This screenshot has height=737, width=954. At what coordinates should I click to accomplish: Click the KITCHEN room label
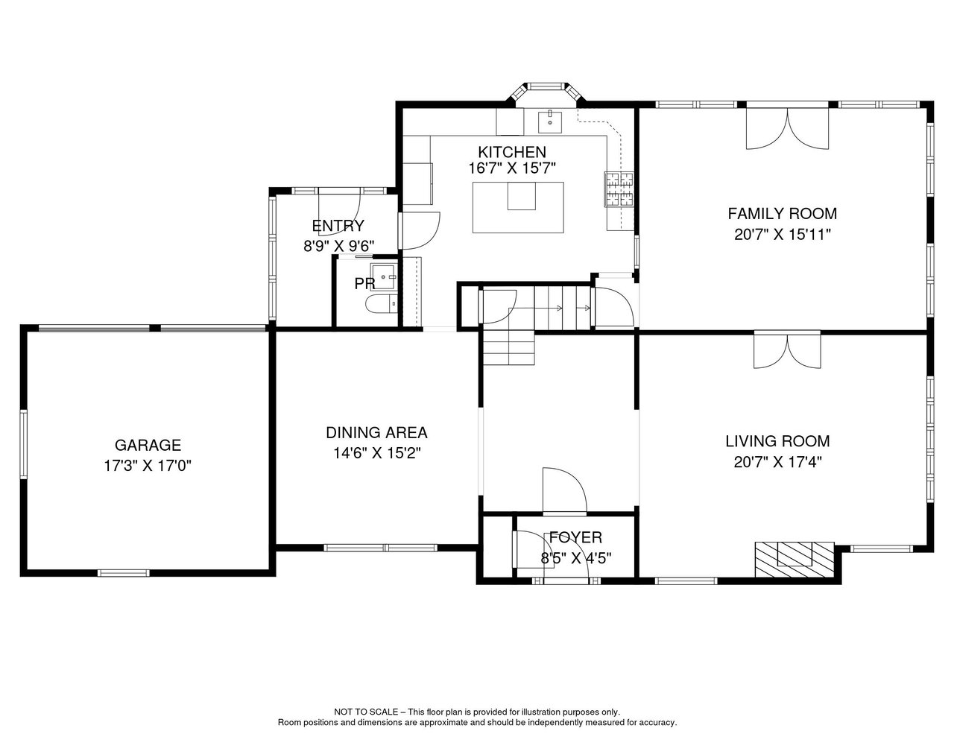coord(512,152)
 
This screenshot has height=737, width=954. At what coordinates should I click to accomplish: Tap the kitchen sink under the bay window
coord(550,121)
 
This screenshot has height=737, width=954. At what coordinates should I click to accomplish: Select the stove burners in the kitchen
coord(619,189)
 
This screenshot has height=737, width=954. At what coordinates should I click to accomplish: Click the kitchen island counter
coord(518,207)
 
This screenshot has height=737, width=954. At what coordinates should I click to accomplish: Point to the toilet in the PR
coord(381,304)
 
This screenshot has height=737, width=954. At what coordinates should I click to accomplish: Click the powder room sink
coord(384,276)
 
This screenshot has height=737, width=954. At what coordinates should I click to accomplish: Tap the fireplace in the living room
coord(795,559)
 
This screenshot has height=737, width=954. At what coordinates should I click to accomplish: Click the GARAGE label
coord(148,445)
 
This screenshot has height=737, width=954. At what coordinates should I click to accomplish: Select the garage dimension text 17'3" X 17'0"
coord(148,466)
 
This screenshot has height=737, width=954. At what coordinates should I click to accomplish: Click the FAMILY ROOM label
coord(783,214)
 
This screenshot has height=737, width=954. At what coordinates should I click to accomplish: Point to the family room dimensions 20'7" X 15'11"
coord(783,235)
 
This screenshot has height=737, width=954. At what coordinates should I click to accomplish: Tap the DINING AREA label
coord(376,433)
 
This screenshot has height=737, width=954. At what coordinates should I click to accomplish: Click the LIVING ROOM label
coord(777,441)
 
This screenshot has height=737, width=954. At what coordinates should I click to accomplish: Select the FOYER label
coord(575,537)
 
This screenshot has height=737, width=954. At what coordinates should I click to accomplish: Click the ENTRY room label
coord(338,226)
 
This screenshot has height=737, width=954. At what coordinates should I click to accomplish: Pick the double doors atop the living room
coord(787,351)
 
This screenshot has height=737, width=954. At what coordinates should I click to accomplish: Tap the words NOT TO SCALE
coord(366,712)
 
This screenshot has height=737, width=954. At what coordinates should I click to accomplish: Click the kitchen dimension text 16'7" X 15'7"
coord(512,168)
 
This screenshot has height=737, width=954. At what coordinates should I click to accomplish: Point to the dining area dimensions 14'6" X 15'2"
coord(377,453)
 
